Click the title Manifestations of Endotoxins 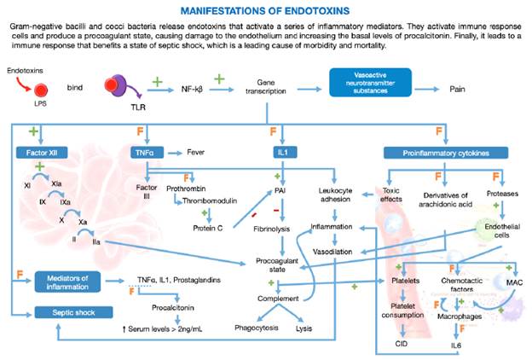[x=266, y=11]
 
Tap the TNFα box [x=149, y=153]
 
